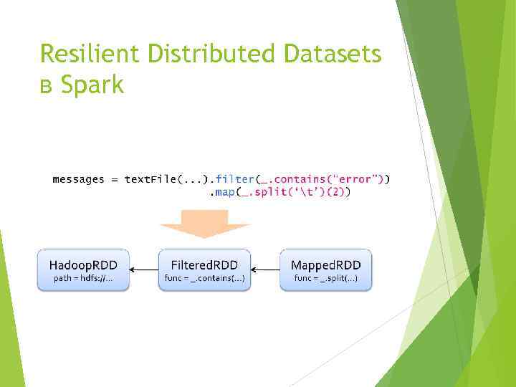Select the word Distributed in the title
pos(204,54)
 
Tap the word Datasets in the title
pos(333,54)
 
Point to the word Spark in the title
pos(92,86)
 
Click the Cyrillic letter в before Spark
pos(47,87)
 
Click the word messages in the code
pos(78,179)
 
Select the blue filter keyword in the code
pos(234,179)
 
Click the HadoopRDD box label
pos(83,262)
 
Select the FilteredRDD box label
pos(205,262)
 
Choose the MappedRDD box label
pos(326,262)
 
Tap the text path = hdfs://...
pos(83,278)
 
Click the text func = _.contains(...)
pos(205,278)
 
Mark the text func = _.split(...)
pos(326,278)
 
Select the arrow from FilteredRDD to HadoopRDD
pos(144,270)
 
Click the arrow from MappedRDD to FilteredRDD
pos(266,270)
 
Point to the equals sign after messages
pos(115,179)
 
